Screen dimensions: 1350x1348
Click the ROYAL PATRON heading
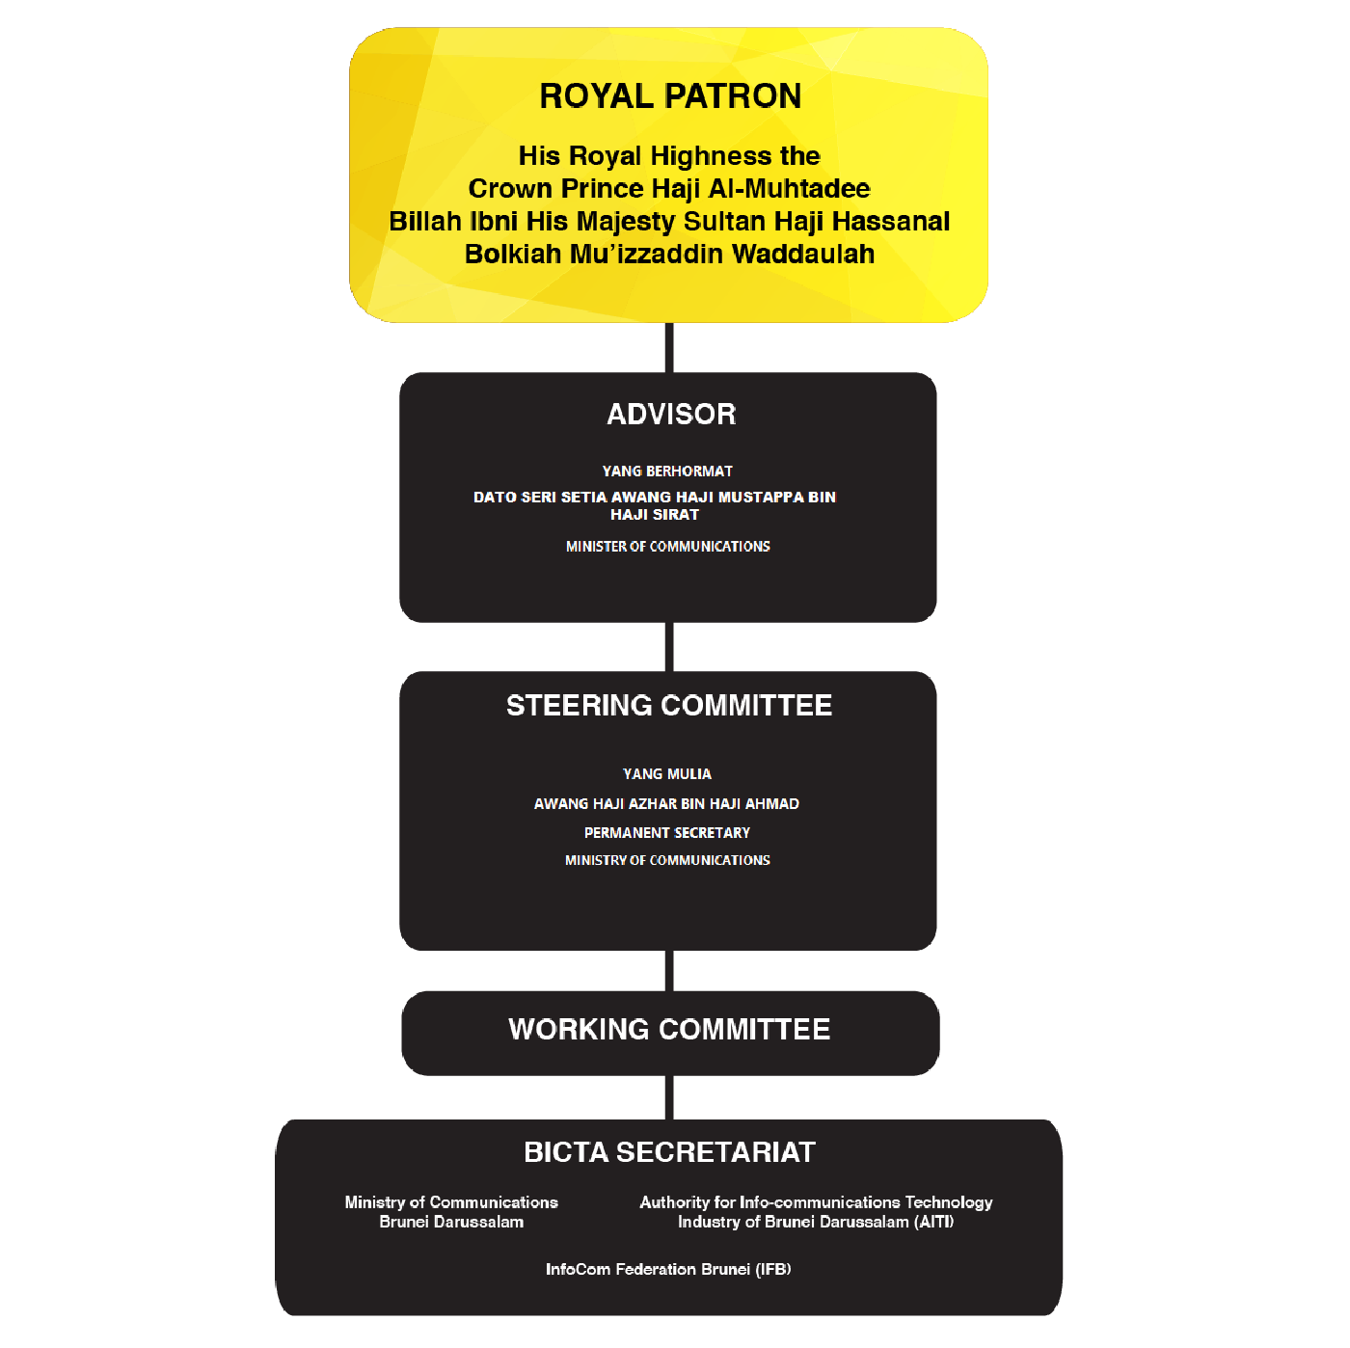pyautogui.click(x=670, y=96)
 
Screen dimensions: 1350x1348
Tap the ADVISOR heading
pyautogui.click(x=671, y=414)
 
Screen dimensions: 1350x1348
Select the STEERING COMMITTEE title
pyautogui.click(x=669, y=706)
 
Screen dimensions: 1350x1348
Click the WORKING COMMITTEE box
pyautogui.click(x=670, y=1033)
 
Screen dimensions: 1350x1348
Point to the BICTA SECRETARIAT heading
pyautogui.click(x=670, y=1152)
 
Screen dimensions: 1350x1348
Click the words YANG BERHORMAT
pyautogui.click(x=667, y=471)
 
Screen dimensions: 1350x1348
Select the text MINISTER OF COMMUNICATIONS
pyautogui.click(x=667, y=547)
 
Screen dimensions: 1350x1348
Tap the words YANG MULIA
pyautogui.click(x=667, y=773)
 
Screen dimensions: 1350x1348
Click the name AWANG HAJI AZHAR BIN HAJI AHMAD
pyautogui.click(x=666, y=803)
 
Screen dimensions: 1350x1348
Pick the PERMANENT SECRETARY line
pyautogui.click(x=667, y=832)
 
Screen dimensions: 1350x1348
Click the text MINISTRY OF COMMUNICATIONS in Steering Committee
pyautogui.click(x=667, y=860)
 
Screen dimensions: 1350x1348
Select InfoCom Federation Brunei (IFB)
pyautogui.click(x=668, y=1269)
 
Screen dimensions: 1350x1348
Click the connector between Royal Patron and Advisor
pyautogui.click(x=669, y=347)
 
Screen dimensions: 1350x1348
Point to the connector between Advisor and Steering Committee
pyautogui.click(x=669, y=647)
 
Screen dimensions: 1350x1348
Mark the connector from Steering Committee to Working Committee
pyautogui.click(x=669, y=970)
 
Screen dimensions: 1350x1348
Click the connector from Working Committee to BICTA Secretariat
pyautogui.click(x=669, y=1097)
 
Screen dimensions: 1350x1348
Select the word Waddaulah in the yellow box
pyautogui.click(x=803, y=254)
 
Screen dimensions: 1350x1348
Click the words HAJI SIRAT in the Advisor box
pyautogui.click(x=655, y=514)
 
